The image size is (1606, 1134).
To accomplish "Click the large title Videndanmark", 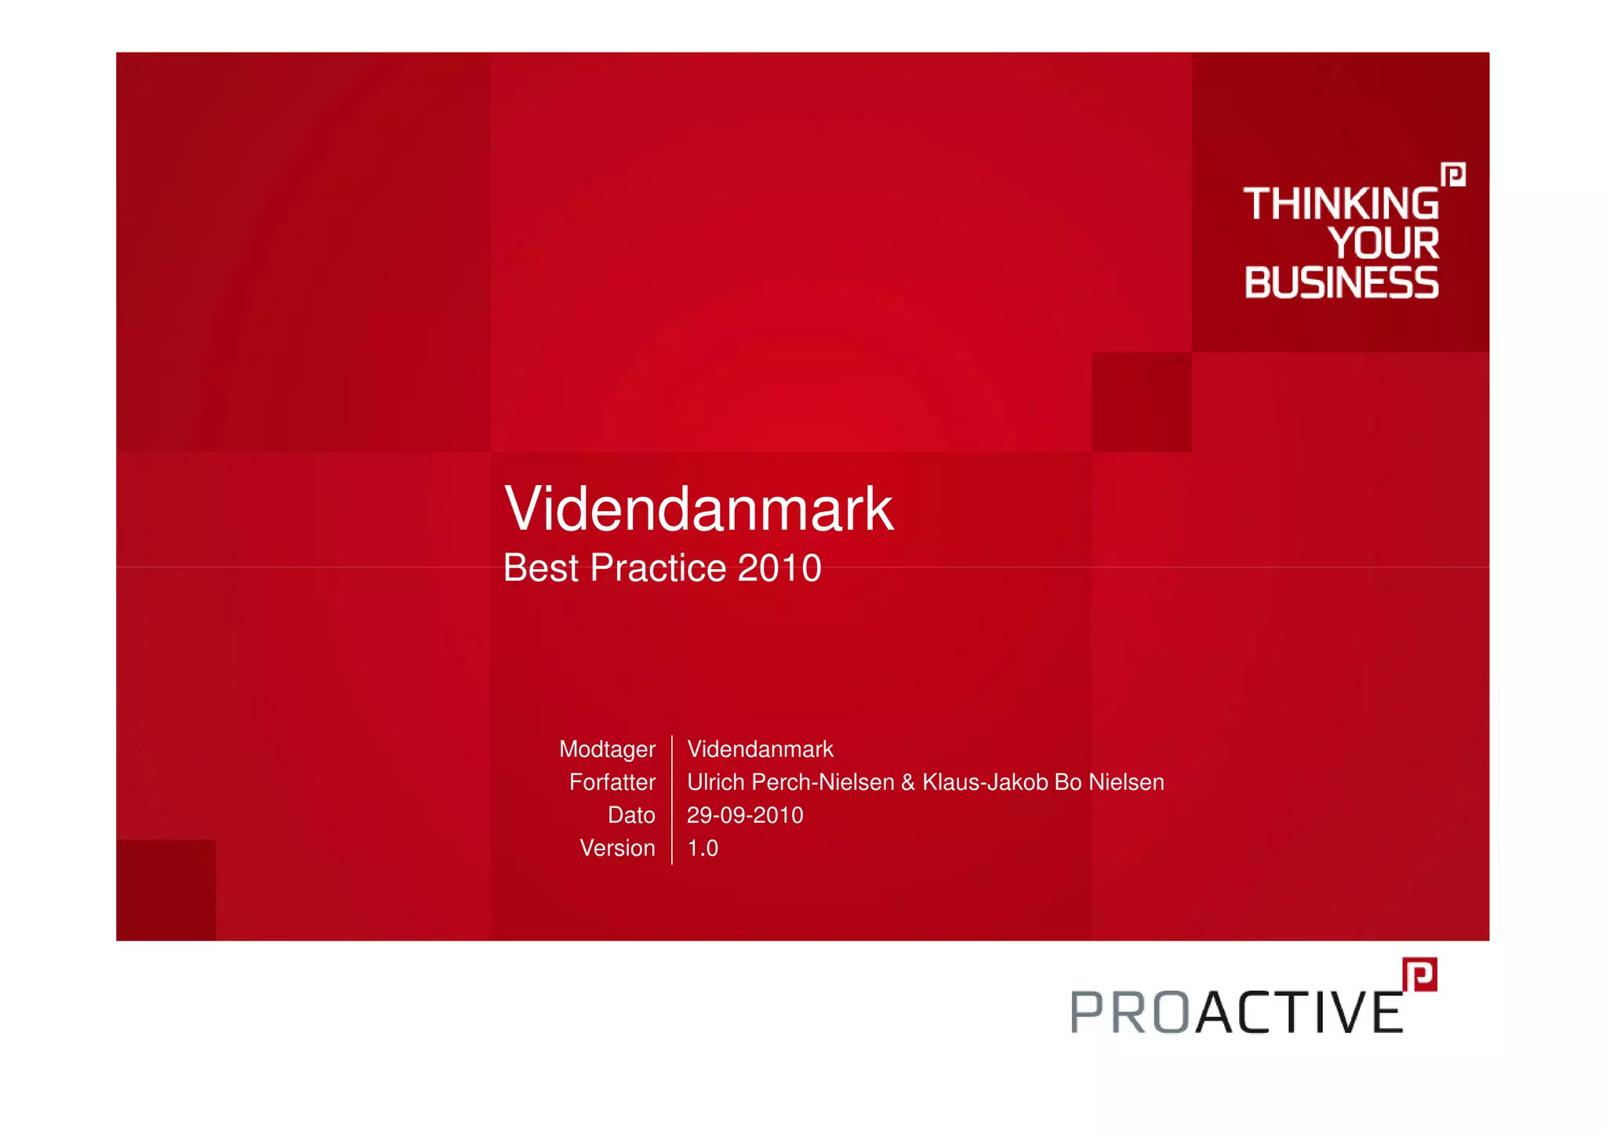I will (x=698, y=509).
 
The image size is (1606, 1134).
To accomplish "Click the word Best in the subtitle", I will (x=540, y=568).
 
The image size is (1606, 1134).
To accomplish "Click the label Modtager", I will (x=606, y=750).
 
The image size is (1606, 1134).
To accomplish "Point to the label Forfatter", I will (x=612, y=782).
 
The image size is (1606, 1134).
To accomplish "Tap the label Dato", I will (x=630, y=815).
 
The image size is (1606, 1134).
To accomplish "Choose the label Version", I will (x=617, y=848).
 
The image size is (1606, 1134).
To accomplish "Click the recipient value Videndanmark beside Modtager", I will (x=760, y=749).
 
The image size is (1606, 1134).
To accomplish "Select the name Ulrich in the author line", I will (x=716, y=782).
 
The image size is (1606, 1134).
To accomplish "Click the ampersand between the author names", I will (x=908, y=782).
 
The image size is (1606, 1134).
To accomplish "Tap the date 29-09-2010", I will (x=745, y=815).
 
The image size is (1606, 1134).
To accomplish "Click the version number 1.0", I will (x=703, y=848).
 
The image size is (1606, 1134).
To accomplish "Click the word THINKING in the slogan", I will (x=1341, y=204).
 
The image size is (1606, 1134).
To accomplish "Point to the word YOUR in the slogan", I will (x=1384, y=243).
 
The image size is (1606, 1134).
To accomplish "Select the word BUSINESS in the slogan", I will (x=1341, y=283).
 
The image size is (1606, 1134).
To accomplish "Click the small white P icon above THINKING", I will (x=1453, y=174).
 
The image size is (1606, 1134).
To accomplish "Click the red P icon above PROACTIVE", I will (x=1420, y=974).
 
